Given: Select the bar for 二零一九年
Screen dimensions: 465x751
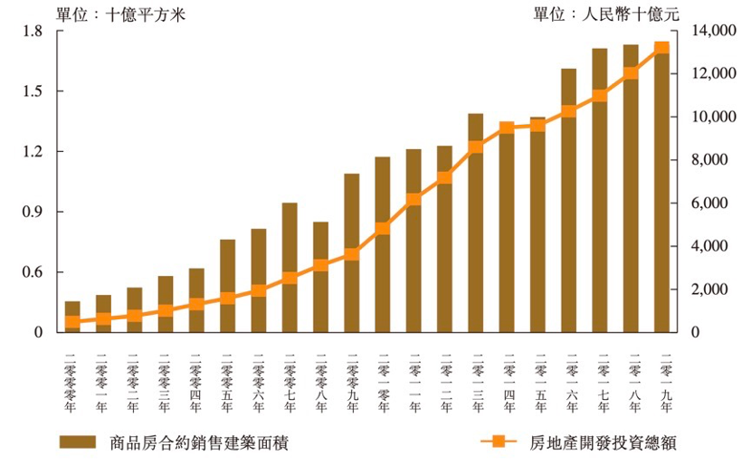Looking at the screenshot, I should (661, 190).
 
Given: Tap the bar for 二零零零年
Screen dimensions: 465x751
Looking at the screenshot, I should (72, 317).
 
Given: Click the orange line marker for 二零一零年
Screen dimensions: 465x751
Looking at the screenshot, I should (383, 228).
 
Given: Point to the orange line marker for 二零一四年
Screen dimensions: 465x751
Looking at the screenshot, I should (507, 128).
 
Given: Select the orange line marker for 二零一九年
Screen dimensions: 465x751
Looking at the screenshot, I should (661, 49).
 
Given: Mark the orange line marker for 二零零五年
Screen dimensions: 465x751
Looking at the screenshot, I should (227, 298).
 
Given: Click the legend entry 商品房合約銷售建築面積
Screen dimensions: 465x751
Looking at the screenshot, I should (173, 443).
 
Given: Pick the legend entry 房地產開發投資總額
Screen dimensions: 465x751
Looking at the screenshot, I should (579, 443).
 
